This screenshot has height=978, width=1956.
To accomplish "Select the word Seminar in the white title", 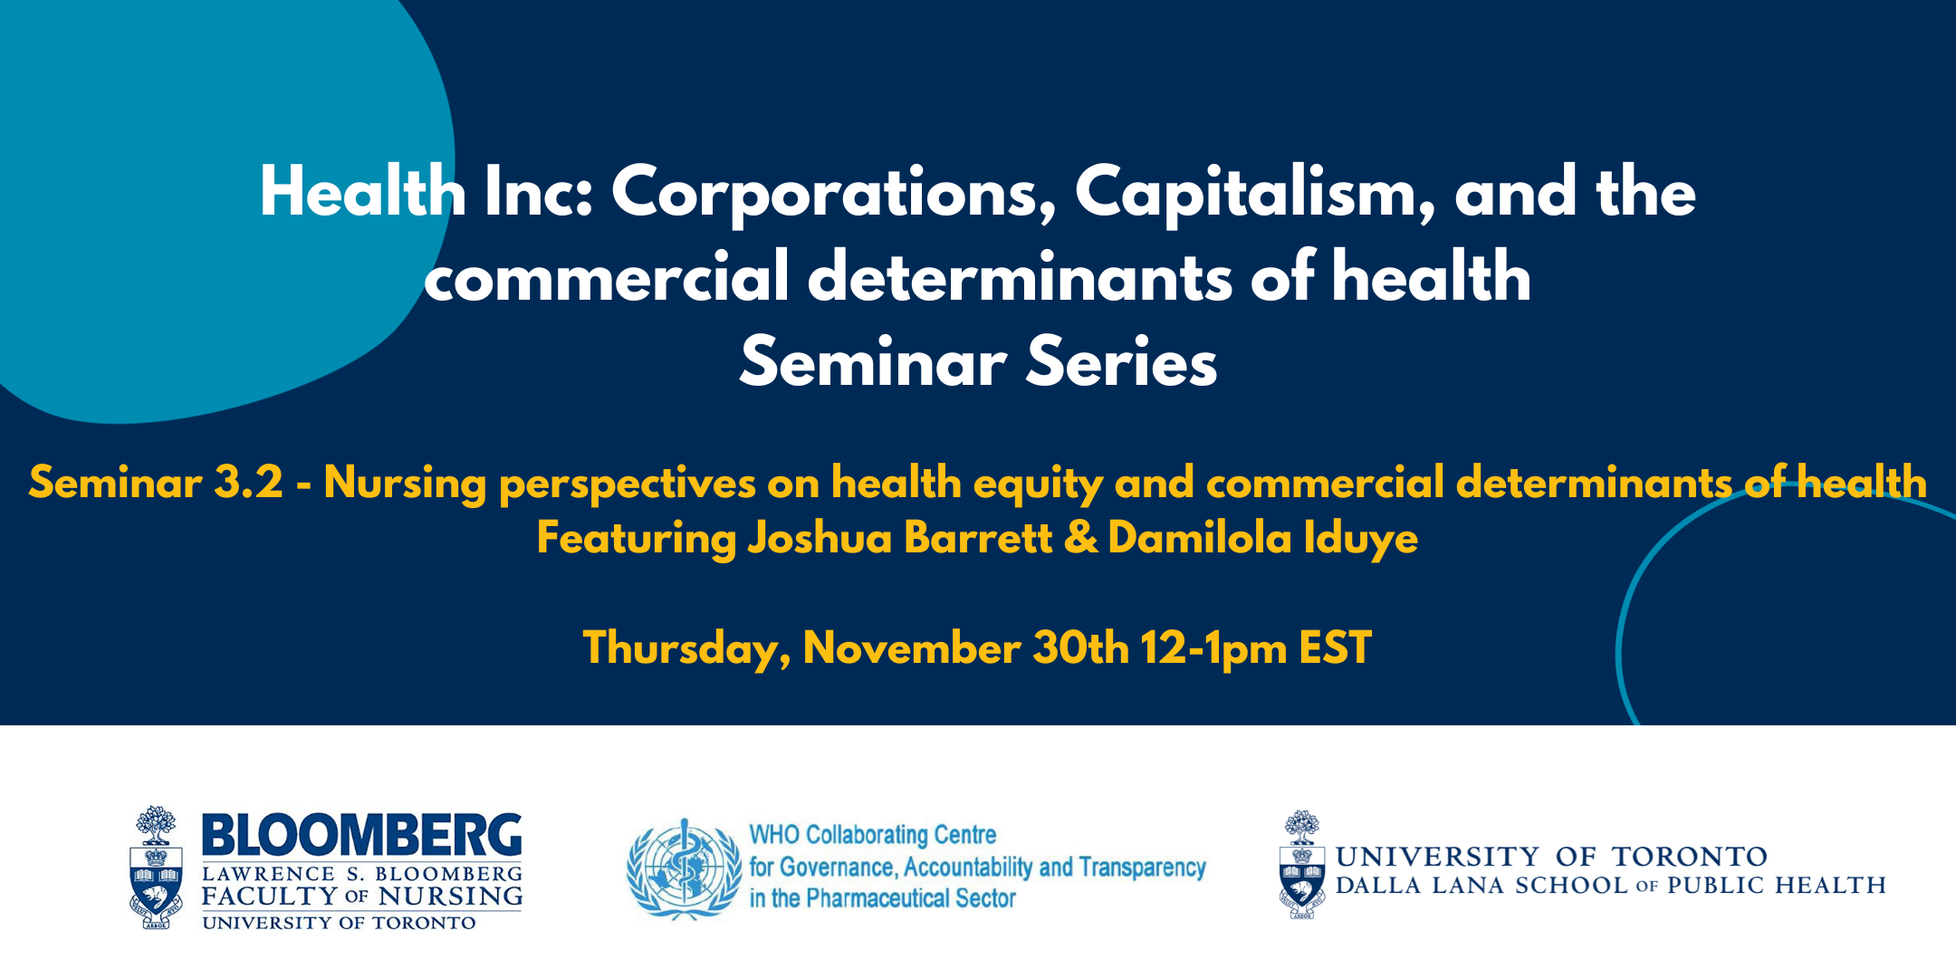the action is (x=873, y=362).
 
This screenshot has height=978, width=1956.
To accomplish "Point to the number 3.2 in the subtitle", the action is (x=249, y=482).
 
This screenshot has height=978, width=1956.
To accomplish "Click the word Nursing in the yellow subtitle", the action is (x=406, y=484).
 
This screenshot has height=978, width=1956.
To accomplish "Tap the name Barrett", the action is (x=978, y=538).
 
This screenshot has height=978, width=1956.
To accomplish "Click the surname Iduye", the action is (x=1361, y=539).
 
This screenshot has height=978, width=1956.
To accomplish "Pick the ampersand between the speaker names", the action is (x=1080, y=538).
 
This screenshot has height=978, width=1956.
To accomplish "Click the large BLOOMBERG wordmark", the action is (x=361, y=835).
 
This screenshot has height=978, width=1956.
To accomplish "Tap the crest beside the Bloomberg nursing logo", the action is (x=156, y=868).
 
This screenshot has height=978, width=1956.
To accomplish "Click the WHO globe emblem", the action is (x=685, y=869).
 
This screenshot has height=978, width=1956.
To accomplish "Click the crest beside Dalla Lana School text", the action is (x=1302, y=865).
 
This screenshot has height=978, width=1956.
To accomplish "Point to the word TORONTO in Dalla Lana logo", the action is (x=1689, y=857).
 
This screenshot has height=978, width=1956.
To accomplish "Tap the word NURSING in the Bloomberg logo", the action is (x=451, y=896).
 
